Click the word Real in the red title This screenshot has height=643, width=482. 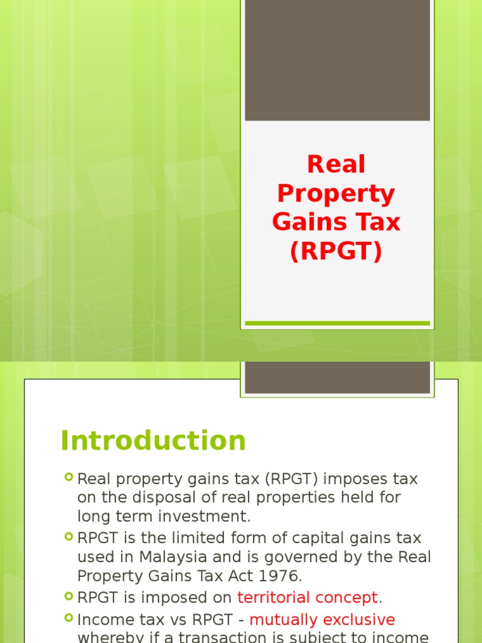click(336, 165)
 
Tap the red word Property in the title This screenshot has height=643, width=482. click(336, 195)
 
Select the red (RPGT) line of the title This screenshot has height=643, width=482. click(336, 251)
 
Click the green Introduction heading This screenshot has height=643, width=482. click(153, 441)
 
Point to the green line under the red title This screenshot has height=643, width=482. click(337, 323)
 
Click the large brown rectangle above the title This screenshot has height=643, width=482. click(337, 60)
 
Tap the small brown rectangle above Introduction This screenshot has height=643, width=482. click(337, 377)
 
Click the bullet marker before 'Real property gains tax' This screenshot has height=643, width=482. click(68, 478)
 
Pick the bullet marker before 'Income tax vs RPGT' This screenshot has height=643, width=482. click(68, 619)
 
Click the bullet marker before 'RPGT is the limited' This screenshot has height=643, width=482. click(68, 538)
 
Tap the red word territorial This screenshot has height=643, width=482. click(273, 597)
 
